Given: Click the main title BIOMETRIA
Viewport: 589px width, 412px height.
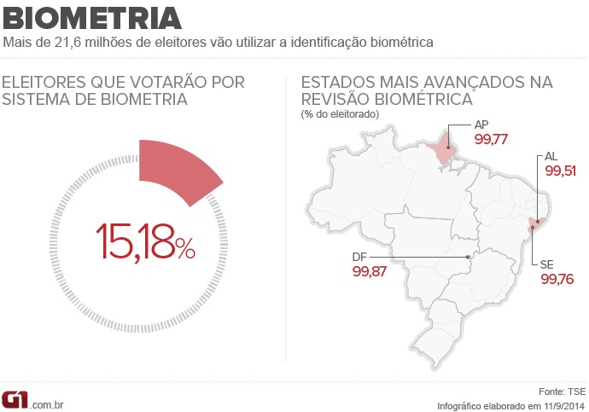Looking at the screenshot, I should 92,17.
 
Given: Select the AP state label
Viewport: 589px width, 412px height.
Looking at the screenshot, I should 481,125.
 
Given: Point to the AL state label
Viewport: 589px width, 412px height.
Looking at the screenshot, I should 551,157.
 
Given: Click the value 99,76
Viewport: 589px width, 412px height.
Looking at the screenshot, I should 557,279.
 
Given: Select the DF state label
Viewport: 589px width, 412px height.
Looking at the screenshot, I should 360,257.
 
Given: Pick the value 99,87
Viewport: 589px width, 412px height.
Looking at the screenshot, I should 369,271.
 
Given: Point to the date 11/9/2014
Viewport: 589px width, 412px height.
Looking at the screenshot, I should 562,404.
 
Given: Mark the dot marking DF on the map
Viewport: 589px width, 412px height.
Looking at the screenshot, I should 468,257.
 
